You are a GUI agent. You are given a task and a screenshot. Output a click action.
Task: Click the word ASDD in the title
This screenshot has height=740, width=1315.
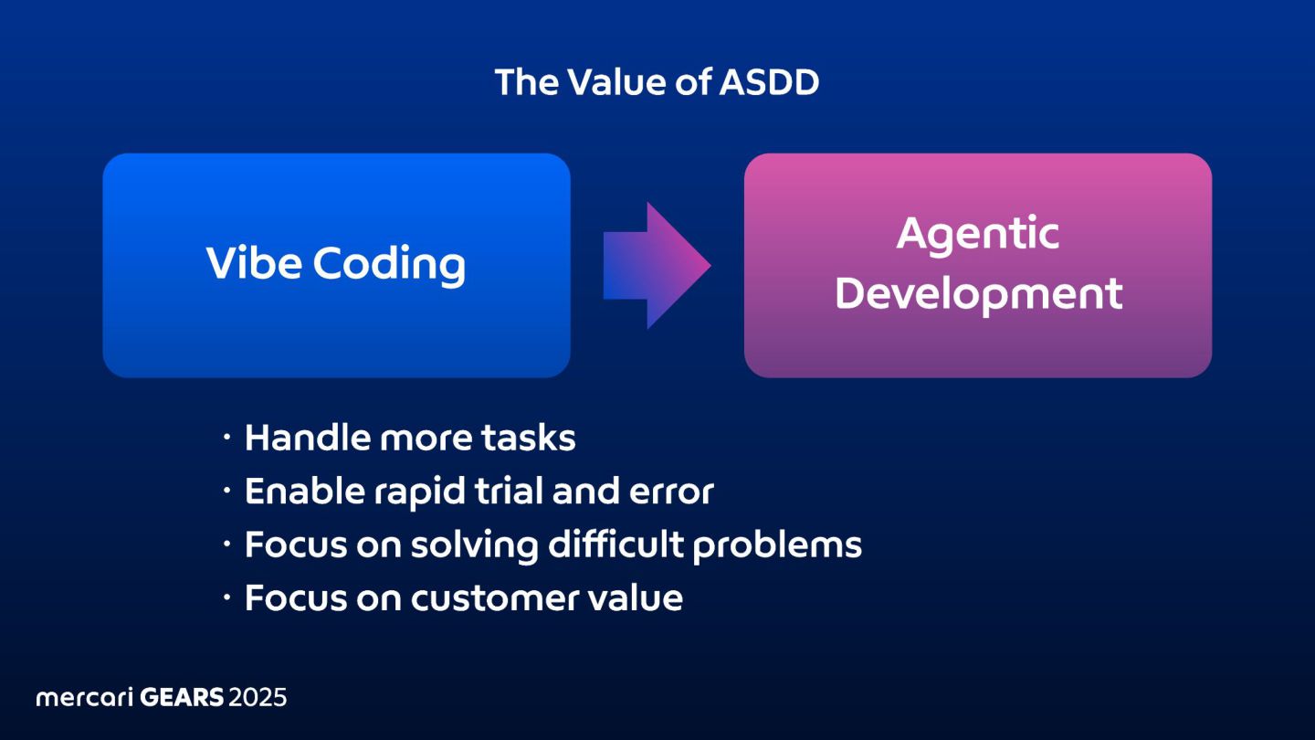[769, 83]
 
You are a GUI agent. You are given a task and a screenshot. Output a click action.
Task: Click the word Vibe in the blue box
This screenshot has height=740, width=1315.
[254, 264]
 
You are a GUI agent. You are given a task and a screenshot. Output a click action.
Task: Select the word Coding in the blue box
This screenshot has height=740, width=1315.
[389, 266]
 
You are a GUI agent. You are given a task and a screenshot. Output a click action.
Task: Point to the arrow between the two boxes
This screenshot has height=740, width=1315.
[656, 266]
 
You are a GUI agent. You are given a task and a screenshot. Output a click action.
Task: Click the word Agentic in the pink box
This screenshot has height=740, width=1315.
[978, 235]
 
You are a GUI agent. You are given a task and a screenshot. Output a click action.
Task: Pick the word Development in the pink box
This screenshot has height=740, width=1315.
[978, 295]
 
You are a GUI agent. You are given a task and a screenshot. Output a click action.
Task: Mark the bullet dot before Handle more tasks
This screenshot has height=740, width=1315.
[227, 439]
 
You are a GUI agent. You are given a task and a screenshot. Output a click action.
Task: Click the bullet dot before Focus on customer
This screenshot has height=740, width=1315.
[227, 599]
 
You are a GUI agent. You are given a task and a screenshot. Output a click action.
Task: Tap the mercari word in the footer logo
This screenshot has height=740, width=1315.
[85, 698]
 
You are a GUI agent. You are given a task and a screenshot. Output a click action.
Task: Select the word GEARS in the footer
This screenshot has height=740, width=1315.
[182, 698]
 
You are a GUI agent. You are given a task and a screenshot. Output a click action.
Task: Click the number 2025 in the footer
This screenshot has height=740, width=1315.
[258, 698]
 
